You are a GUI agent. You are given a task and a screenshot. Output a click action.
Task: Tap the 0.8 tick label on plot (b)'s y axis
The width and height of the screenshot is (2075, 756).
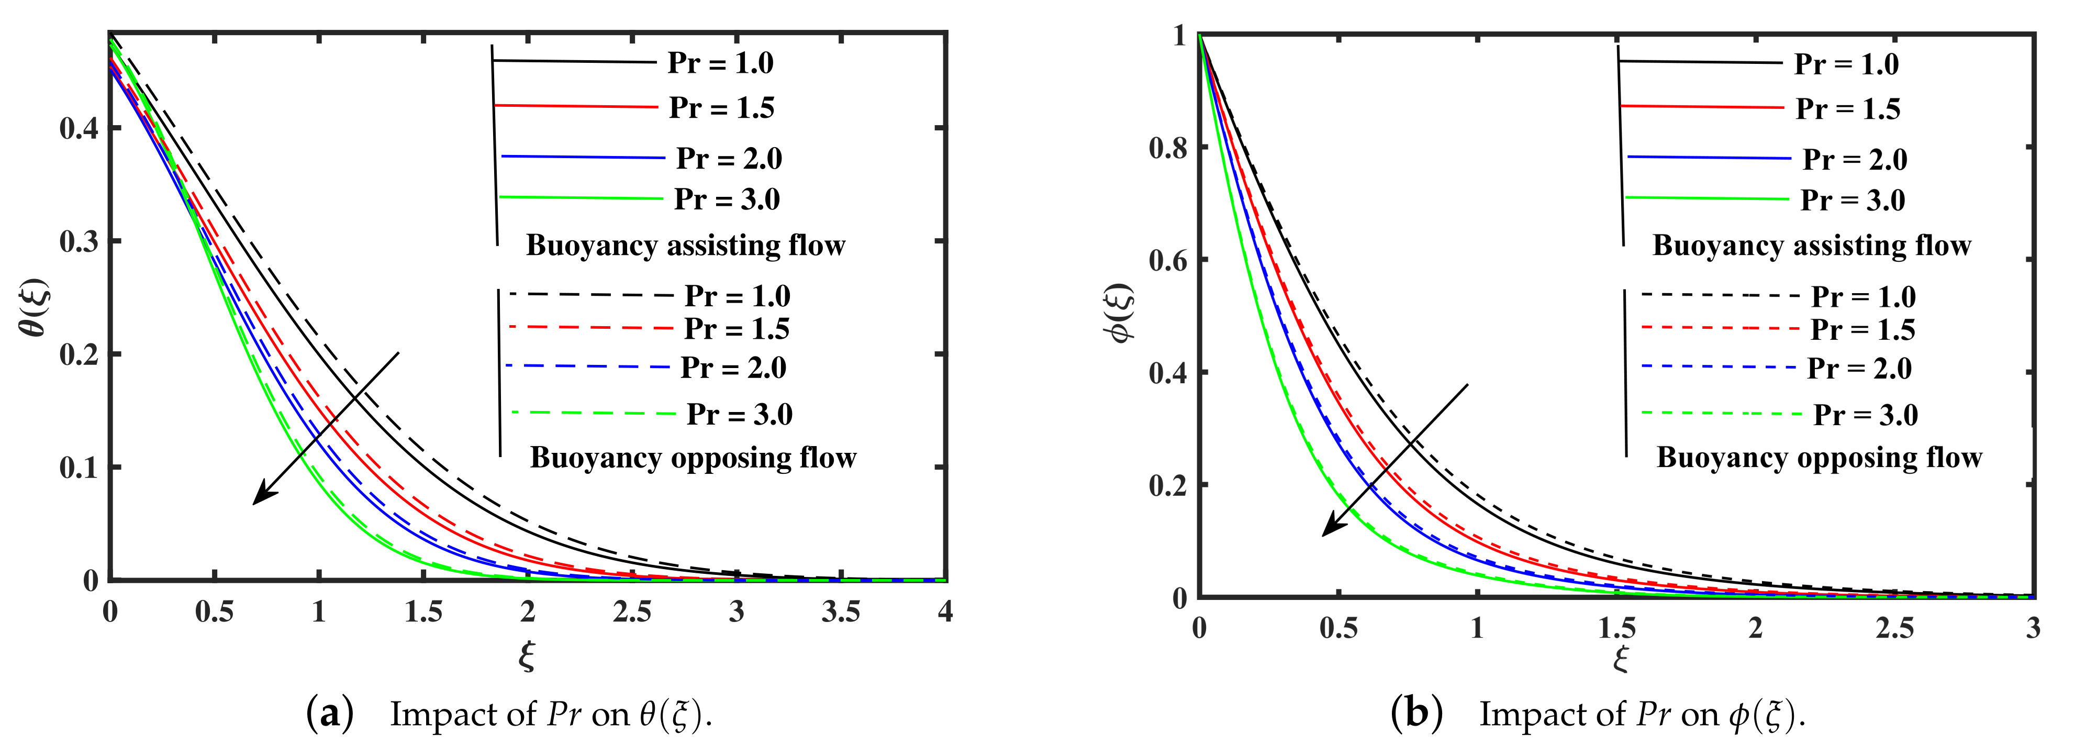click(x=1167, y=148)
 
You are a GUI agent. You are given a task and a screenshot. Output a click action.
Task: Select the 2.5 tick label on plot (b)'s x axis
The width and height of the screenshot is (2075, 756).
click(x=1894, y=628)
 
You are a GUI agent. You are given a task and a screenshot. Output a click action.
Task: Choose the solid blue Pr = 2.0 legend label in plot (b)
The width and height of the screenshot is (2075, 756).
click(x=1854, y=160)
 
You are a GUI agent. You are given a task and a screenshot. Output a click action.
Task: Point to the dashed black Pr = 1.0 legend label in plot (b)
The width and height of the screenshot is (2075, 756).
click(x=1863, y=297)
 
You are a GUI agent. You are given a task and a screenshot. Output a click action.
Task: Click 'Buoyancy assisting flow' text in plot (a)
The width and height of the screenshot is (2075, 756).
click(x=686, y=245)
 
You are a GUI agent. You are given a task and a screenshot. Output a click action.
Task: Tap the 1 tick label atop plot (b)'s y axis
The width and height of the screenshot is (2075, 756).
click(x=1179, y=36)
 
